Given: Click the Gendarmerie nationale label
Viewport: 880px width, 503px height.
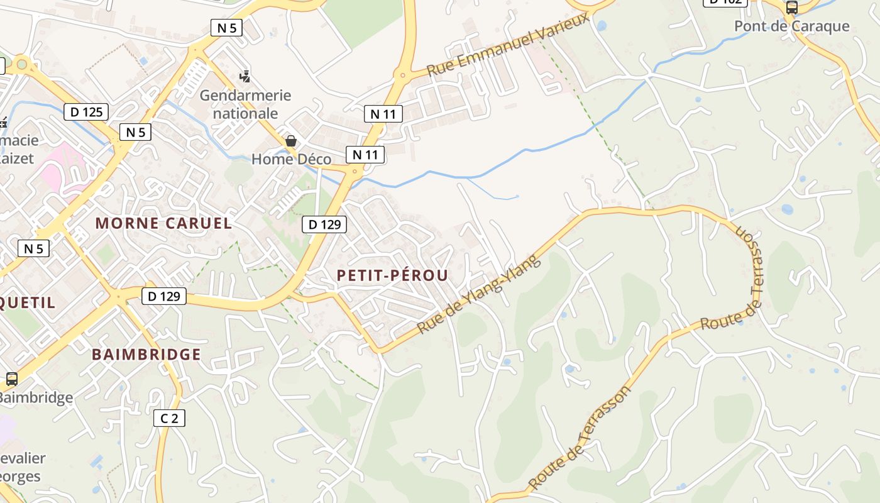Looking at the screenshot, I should (245, 104).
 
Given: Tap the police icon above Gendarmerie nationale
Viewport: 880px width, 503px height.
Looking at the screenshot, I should (245, 77).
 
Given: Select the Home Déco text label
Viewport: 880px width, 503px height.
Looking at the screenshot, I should (291, 159).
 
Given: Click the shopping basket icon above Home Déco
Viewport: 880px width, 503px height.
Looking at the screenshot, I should (290, 141).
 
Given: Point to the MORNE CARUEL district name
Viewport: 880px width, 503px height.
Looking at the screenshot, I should (163, 223).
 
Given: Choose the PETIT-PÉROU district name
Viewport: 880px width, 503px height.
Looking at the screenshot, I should (392, 275).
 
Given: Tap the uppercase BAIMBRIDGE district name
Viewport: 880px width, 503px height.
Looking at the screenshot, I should (146, 355).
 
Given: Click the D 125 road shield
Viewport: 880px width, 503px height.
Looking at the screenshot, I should (86, 113).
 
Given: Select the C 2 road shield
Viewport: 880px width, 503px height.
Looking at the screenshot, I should (169, 417).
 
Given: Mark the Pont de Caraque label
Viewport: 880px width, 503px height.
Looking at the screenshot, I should (791, 26).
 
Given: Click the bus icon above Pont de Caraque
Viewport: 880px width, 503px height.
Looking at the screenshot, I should (791, 8).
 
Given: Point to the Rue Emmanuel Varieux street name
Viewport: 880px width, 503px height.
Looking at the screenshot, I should (509, 44).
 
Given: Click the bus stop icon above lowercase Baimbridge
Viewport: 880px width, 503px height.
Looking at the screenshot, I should (11, 379).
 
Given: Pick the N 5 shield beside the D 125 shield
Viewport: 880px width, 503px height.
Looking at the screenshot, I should (135, 132).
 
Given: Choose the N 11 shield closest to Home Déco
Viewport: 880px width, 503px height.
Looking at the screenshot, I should (365, 155).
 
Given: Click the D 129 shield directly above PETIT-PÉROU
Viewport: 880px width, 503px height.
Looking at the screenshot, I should (324, 224).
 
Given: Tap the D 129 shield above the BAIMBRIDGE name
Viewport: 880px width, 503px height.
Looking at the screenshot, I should (164, 296).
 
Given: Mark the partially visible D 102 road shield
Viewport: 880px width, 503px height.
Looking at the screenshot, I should (724, 2).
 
